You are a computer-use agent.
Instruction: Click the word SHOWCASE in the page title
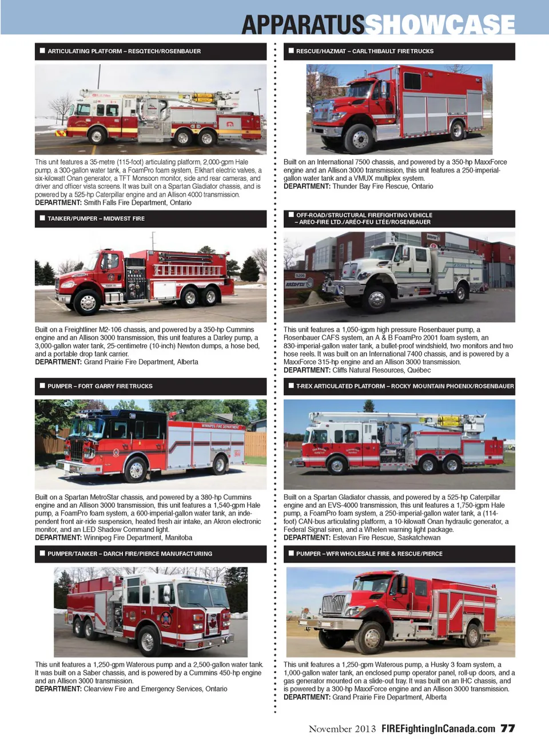(440, 25)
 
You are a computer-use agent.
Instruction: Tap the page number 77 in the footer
(508, 728)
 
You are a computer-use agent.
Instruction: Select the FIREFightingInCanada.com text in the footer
(438, 729)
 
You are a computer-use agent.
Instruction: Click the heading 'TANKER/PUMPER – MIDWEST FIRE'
(96, 218)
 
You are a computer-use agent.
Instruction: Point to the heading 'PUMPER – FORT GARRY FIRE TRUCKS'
(100, 386)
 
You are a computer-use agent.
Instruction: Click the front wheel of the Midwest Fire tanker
(87, 302)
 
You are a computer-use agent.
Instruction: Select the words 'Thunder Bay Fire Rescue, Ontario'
(383, 186)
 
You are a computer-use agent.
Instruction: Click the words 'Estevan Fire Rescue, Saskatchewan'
(387, 538)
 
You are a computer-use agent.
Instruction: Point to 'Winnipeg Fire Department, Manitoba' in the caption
(138, 538)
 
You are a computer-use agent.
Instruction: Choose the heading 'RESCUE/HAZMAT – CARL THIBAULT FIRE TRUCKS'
(365, 51)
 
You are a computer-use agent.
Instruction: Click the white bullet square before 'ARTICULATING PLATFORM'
(42, 51)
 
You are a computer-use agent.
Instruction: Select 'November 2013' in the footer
(343, 729)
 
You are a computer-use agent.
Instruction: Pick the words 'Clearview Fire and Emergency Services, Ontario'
(156, 689)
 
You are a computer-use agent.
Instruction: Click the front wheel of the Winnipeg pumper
(136, 470)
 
